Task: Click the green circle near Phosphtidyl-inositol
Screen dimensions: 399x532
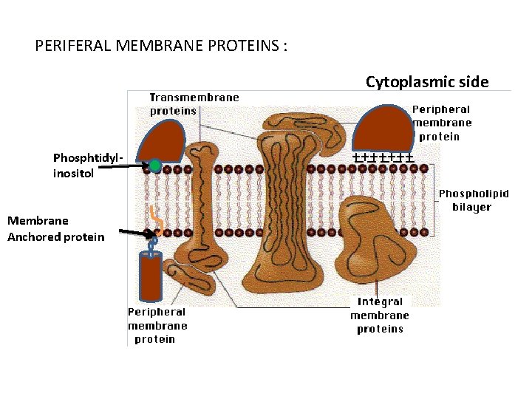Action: point(155,166)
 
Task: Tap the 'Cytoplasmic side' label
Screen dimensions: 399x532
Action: point(427,82)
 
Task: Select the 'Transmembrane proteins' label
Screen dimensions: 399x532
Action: point(194,104)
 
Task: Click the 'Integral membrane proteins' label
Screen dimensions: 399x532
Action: point(380,315)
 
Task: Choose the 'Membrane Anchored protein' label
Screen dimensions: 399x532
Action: point(55,228)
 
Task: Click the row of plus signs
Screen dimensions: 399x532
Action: point(382,157)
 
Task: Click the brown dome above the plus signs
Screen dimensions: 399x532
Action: point(381,129)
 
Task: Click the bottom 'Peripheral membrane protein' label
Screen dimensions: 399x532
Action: point(157,325)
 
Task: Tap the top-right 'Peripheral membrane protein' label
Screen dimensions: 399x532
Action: point(442,123)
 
